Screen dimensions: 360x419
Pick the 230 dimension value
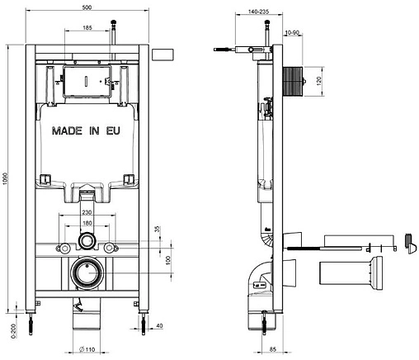(86, 212)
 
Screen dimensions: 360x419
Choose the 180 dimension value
(86, 222)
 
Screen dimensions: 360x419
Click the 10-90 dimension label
(291, 33)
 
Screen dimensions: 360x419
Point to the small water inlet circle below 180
(86, 242)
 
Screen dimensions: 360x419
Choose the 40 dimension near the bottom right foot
(159, 325)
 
